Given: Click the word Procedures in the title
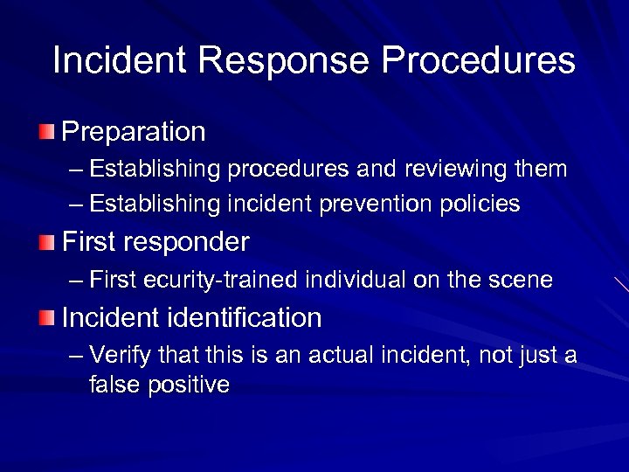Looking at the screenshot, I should (x=478, y=60).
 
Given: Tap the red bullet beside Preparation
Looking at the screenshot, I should (x=45, y=133).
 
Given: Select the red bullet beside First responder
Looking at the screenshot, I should (x=45, y=242).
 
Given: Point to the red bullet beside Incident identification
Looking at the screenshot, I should (x=45, y=318).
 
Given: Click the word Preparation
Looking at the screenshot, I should (x=134, y=132).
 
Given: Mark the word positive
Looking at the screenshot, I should (x=188, y=385).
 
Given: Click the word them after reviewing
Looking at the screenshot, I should (x=543, y=169).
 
